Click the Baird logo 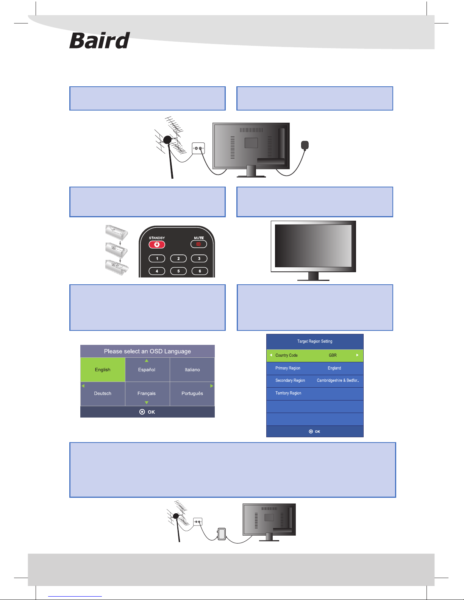point(99,40)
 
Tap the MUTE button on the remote point(198,244)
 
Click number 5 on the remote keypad point(178,271)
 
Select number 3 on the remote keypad point(199,259)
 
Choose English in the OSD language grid point(103,370)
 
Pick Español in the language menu point(147,370)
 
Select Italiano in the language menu point(192,370)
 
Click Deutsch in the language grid point(103,393)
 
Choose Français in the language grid point(147,393)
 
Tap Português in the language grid point(192,393)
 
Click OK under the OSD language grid point(147,412)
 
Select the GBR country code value point(333,355)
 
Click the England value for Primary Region point(334,368)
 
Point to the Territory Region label point(288,393)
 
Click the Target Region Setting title point(315,341)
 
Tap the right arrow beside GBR point(357,355)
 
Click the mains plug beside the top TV point(305,145)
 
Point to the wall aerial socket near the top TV point(198,148)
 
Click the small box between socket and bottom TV point(222,534)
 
